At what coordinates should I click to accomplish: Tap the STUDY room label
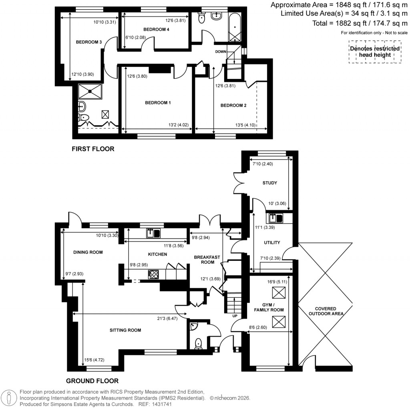tap(270, 183)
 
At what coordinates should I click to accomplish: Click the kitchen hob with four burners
tap(153, 275)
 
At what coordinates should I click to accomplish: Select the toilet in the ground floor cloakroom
tap(198, 344)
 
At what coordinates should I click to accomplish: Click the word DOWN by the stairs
tap(221, 52)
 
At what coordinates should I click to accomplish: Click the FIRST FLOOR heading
tap(93, 149)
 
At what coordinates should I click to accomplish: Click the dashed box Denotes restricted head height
tap(375, 51)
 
